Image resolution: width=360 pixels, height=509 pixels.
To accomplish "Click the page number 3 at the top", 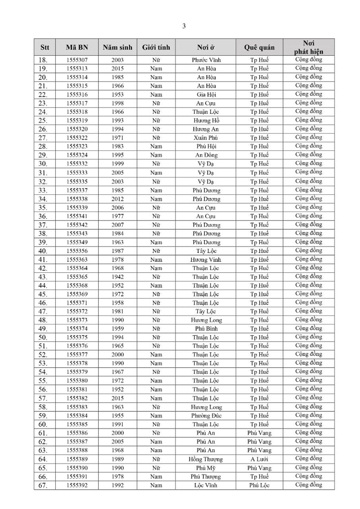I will pos(184,26).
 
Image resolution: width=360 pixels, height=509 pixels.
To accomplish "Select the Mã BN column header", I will pos(76,47).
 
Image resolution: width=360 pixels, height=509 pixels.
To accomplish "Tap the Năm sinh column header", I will pos(117,47).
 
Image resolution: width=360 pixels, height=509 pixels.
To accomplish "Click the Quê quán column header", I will pos(259,47).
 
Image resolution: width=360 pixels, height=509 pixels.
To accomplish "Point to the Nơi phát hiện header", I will pos(309,47).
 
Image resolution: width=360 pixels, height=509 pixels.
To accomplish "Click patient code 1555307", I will pos(76,60).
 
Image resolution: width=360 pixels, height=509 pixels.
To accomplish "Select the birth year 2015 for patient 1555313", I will pos(117,68).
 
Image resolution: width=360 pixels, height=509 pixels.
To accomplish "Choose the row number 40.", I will pos(43,251).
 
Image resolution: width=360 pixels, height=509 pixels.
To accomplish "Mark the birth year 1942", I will pos(117,277).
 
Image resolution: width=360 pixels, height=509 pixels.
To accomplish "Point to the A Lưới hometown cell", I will pos(259,459).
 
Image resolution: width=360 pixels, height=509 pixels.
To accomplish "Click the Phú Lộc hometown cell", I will pos(259,485).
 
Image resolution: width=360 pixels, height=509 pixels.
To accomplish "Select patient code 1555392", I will pos(76,485).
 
